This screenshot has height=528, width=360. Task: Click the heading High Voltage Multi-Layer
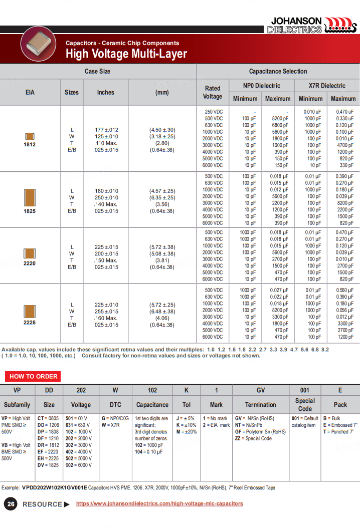tap(126, 54)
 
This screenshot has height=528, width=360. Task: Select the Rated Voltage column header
tap(213, 92)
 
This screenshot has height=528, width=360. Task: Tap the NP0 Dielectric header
tap(261, 86)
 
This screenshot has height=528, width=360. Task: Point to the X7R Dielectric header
tap(326, 86)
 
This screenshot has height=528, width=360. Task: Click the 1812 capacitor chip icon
tap(30, 136)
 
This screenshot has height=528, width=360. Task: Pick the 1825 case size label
tap(30, 211)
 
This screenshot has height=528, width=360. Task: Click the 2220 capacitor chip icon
tap(30, 253)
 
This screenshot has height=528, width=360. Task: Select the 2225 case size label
tap(30, 323)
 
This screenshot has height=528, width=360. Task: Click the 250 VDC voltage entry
tap(214, 112)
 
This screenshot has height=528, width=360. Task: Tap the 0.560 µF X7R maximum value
tap(344, 291)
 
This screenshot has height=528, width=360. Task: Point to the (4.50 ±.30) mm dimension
tap(162, 130)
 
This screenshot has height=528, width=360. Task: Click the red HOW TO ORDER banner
tap(34, 376)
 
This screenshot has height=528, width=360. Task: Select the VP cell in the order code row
tap(17, 390)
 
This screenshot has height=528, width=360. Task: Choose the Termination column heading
tap(260, 405)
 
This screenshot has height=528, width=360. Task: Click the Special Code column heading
tap(305, 405)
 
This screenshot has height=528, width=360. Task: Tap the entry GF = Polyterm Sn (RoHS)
tap(260, 432)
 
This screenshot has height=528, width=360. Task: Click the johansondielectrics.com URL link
tap(159, 503)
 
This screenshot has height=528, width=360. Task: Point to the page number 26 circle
tap(11, 504)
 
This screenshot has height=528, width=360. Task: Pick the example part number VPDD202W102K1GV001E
tap(55, 487)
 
